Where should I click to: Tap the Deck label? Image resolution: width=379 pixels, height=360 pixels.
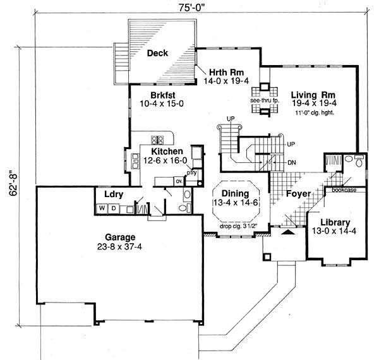pos(157,53)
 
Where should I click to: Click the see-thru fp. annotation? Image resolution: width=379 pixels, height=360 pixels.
pos(262,100)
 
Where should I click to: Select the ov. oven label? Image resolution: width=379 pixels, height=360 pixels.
pos(178,180)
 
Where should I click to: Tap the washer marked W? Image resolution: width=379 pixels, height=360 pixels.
pos(101,207)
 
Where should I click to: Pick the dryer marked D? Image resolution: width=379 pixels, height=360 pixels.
pos(114,207)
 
